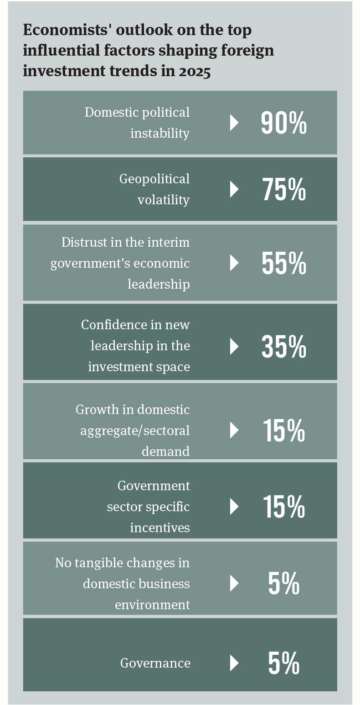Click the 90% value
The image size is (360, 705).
click(283, 123)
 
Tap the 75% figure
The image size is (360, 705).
click(283, 189)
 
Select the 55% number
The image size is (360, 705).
click(283, 263)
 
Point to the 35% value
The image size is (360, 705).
click(283, 347)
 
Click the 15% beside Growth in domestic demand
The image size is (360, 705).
click(283, 430)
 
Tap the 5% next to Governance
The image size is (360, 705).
click(283, 663)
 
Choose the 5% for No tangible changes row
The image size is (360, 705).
click(283, 584)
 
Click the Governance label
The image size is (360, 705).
click(155, 663)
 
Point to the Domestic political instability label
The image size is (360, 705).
click(137, 123)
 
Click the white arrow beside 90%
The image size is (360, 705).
click(234, 123)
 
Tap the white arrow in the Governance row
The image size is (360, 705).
click(234, 663)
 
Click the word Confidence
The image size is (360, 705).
click(108, 325)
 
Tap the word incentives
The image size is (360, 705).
click(159, 528)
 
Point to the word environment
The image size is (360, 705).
click(152, 605)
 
